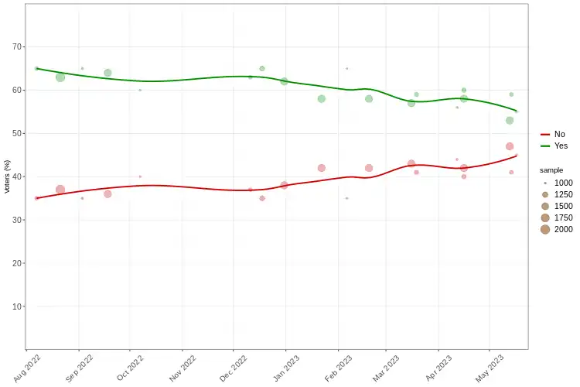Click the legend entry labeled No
coord(559,134)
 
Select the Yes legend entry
coord(561,146)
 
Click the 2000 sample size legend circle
coord(545,229)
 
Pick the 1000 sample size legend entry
coord(545,183)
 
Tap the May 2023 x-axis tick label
coord(490,366)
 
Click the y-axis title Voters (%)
coord(7,176)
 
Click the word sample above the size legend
coord(551,170)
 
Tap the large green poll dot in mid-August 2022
coord(60,77)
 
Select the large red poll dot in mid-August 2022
coord(60,190)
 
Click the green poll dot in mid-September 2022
coord(107,73)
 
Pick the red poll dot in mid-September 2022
coord(107,194)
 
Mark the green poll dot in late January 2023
coord(322,99)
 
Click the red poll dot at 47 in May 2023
coord(510,146)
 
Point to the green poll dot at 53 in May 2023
coord(510,121)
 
